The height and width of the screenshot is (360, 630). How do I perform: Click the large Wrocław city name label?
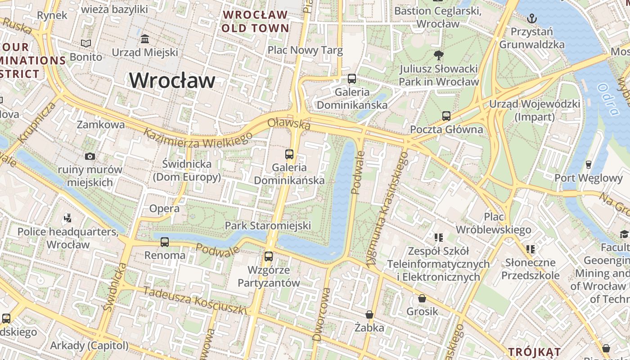click(x=172, y=81)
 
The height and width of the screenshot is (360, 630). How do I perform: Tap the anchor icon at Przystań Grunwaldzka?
click(x=532, y=18)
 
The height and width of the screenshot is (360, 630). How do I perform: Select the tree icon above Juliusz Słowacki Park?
click(x=438, y=55)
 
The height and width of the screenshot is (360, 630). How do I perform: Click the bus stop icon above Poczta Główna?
click(x=446, y=116)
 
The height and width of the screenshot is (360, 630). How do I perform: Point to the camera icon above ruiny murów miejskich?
click(x=90, y=156)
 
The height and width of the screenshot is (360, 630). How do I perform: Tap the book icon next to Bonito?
click(x=86, y=44)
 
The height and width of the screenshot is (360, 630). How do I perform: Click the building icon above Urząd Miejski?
click(x=145, y=39)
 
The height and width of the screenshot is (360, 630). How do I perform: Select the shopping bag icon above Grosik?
click(x=422, y=298)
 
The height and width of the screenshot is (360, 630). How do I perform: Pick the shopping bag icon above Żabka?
click(x=369, y=314)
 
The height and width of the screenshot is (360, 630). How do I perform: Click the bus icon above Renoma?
click(x=165, y=242)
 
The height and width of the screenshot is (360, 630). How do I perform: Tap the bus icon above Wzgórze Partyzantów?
click(x=269, y=256)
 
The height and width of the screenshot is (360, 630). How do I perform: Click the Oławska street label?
click(x=289, y=124)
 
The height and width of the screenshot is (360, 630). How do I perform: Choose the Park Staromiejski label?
click(x=268, y=225)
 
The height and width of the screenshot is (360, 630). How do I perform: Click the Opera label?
click(x=164, y=208)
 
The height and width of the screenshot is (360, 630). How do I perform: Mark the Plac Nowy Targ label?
click(x=305, y=50)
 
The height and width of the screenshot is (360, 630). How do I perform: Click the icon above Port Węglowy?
click(x=588, y=164)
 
